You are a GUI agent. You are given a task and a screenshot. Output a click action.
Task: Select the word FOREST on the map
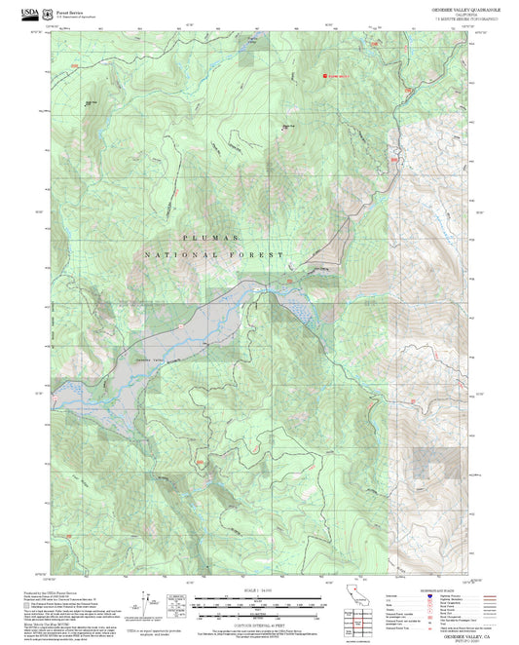(257, 254)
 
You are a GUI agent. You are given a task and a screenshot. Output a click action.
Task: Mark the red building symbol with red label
(325, 74)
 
